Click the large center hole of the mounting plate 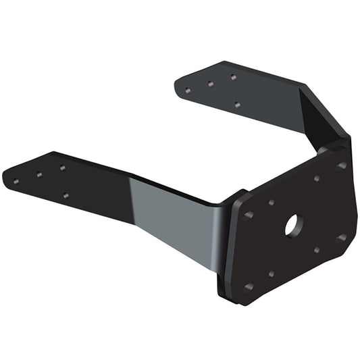tap(292, 225)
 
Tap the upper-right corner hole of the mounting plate tap(341, 165)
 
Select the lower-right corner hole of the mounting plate tap(341, 238)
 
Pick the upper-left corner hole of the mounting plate tap(249, 215)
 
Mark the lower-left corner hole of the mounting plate tap(248, 286)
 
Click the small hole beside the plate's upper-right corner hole tap(317, 178)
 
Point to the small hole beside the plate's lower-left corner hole tap(271, 274)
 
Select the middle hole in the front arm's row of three tap(39, 174)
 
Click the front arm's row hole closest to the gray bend tap(62, 168)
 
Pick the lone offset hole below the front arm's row tap(66, 196)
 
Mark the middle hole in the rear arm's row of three tap(210, 84)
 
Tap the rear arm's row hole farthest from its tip tap(233, 77)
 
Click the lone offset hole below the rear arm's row tap(236, 105)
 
